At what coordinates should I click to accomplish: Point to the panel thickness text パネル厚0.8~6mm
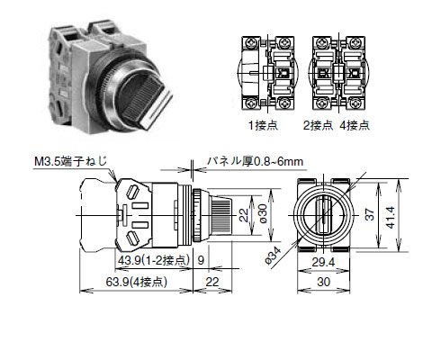pos(257,161)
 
